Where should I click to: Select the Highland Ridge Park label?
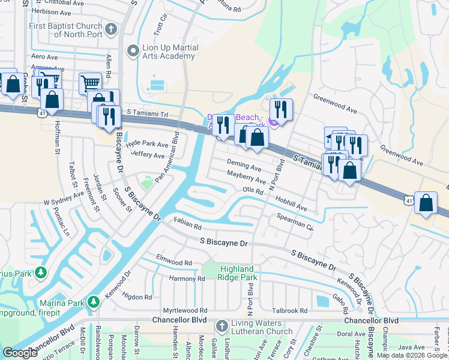(x=231, y=273)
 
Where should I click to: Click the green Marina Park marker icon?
(x=94, y=302)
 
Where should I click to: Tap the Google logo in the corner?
(x=20, y=352)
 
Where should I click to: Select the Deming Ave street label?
(x=244, y=165)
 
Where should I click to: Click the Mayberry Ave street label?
(x=246, y=177)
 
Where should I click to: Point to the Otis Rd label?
(x=253, y=190)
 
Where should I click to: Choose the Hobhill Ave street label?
(x=291, y=203)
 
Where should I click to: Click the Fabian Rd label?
(x=187, y=224)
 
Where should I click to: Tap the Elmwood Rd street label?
(x=173, y=262)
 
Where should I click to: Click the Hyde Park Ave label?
(x=147, y=143)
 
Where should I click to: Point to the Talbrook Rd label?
(x=289, y=311)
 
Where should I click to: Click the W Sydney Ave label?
(x=62, y=198)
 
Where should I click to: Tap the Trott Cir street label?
(x=158, y=26)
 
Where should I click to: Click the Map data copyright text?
(x=411, y=355)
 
